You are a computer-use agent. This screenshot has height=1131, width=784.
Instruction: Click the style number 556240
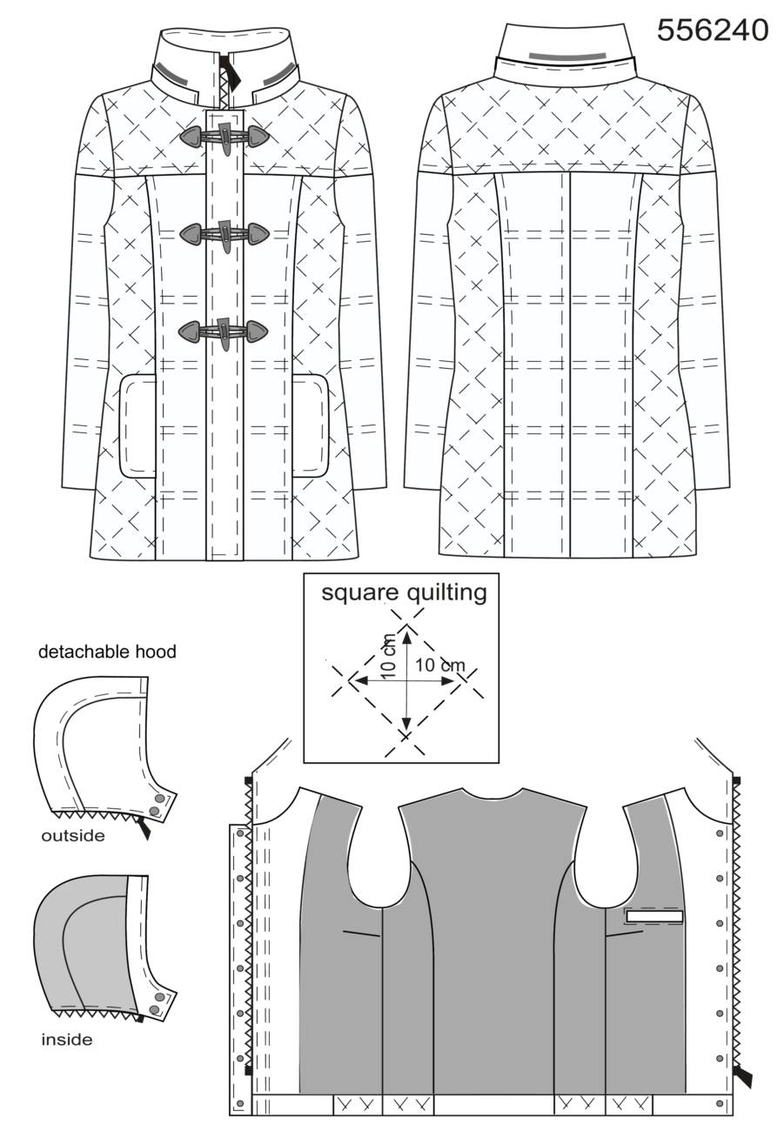pos(713,30)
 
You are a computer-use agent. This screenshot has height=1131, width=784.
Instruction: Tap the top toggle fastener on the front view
pos(224,136)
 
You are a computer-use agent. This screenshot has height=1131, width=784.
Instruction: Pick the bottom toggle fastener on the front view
pos(223,331)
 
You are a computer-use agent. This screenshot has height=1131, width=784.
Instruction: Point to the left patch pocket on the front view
pos(137,425)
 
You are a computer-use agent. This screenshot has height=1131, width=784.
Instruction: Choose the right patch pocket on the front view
pos(311,425)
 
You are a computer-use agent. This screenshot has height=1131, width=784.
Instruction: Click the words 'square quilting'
pos(404,592)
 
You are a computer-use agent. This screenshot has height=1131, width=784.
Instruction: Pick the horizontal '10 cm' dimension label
pos(439,665)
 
